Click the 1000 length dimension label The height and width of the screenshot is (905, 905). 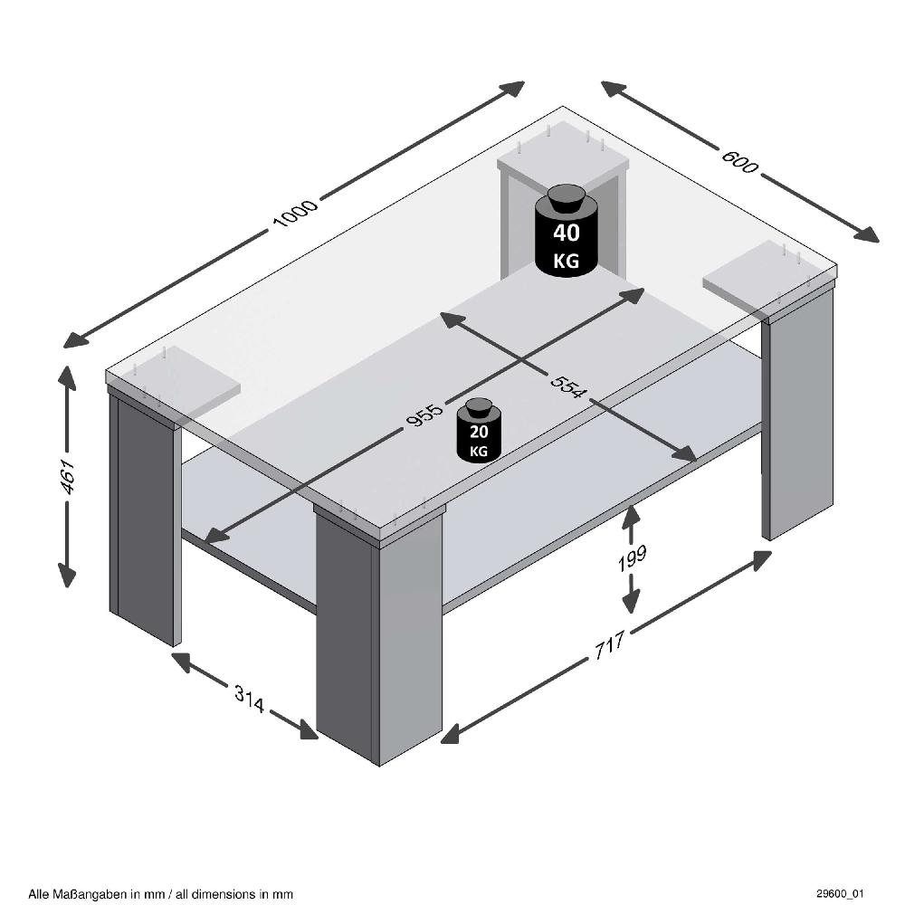295,214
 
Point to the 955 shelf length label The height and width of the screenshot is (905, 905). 424,414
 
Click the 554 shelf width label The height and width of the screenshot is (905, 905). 568,386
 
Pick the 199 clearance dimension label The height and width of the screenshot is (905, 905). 632,556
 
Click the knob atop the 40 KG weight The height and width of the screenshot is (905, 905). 567,195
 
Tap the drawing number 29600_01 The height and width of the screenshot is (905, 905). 846,893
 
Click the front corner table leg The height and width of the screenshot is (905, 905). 377,633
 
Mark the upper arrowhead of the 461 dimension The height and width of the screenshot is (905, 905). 67,375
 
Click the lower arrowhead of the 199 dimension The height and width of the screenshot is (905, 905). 631,603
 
